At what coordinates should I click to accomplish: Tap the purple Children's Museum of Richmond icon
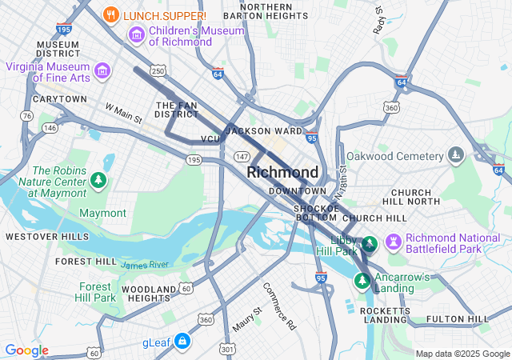(x=136, y=35)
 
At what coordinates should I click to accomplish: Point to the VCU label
(x=210, y=139)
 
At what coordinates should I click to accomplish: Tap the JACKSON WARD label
(x=264, y=130)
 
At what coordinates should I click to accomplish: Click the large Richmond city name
(x=282, y=172)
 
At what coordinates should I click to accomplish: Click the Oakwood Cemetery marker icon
(x=456, y=154)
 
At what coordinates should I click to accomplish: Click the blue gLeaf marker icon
(x=183, y=342)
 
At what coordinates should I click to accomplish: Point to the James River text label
(x=145, y=265)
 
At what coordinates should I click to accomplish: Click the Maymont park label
(x=102, y=213)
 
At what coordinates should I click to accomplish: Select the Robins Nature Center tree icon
(x=98, y=180)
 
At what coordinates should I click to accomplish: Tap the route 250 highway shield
(x=158, y=71)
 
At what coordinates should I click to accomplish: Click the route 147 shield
(x=242, y=157)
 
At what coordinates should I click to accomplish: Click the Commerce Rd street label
(x=279, y=306)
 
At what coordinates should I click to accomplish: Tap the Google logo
(x=27, y=350)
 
